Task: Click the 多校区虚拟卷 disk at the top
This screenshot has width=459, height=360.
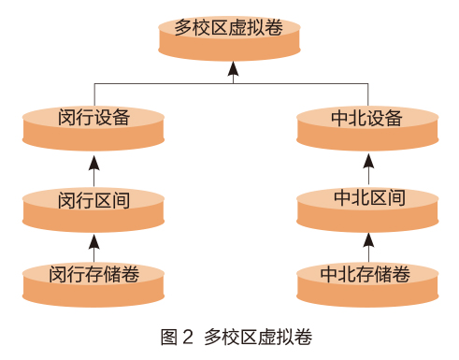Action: (x=229, y=38)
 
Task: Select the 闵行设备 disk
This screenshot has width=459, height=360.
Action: (x=93, y=128)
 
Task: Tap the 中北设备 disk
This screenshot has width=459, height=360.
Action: (x=367, y=128)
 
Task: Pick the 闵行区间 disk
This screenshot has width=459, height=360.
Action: (x=93, y=210)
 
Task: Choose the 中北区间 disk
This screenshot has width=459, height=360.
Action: (x=367, y=210)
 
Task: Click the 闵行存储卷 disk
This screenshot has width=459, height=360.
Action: (x=93, y=284)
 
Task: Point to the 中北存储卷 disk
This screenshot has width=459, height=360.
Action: (x=367, y=284)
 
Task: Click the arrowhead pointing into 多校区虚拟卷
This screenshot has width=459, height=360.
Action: (x=233, y=68)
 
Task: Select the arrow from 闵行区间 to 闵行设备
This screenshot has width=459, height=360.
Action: (x=93, y=171)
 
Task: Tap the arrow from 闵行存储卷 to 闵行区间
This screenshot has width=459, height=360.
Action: (x=93, y=248)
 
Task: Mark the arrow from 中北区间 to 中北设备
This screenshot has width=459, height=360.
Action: (x=368, y=169)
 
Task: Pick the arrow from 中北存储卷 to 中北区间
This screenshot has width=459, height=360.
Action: (x=368, y=248)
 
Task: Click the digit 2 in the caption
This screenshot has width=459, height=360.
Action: (x=188, y=337)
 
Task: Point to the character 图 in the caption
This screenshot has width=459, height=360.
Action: (x=169, y=337)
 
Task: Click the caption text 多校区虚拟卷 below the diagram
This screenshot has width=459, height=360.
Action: (x=258, y=337)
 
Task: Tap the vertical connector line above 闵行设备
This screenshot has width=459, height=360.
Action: (x=94, y=94)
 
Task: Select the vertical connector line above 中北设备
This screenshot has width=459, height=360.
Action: (x=368, y=94)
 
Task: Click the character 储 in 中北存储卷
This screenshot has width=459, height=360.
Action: (x=383, y=274)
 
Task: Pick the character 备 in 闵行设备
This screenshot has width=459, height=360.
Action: (x=121, y=117)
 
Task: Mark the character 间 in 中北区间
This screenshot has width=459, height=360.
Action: (x=396, y=197)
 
